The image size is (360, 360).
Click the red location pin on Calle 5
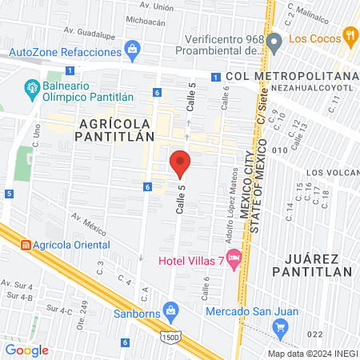click(x=180, y=162)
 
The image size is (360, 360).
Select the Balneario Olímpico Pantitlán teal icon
click(x=32, y=86)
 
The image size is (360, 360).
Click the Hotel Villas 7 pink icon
click(x=234, y=258)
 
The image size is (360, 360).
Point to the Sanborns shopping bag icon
click(x=170, y=310)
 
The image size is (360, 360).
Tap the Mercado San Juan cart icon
click(x=279, y=326)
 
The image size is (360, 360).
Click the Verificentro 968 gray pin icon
click(x=274, y=41)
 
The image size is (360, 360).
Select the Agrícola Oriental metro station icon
click(x=25, y=243)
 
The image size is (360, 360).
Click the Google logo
click(x=26, y=350)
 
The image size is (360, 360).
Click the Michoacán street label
click(x=146, y=23)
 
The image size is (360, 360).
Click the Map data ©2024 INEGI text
click(x=310, y=353)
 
